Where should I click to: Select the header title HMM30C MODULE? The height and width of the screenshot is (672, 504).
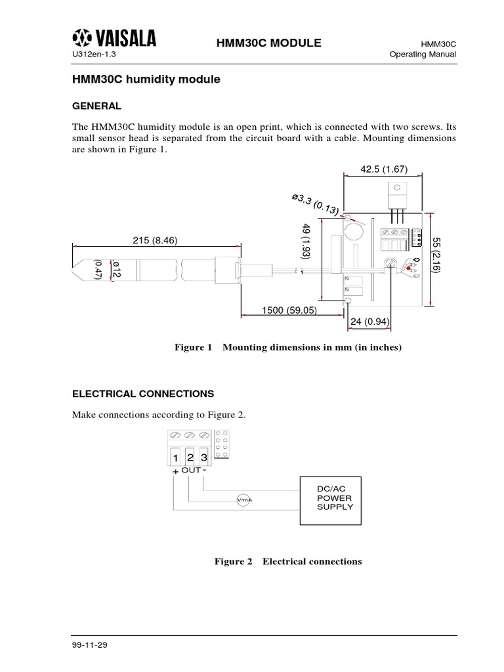[x=259, y=43]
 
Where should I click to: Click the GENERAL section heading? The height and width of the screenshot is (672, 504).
[x=96, y=105]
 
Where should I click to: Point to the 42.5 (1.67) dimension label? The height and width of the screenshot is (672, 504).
[x=384, y=169]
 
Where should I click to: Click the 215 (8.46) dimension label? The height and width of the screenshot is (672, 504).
[x=155, y=241]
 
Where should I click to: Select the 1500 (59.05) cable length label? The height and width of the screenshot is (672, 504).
[x=289, y=310]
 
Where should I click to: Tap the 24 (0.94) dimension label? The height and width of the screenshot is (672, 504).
[x=371, y=322]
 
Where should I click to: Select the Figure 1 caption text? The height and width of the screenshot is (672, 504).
[x=287, y=347]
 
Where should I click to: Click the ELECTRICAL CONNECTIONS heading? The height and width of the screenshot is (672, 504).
[x=142, y=394]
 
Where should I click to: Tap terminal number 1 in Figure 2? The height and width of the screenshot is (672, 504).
[x=175, y=457]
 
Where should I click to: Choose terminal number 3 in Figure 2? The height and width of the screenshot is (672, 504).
[x=204, y=457]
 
